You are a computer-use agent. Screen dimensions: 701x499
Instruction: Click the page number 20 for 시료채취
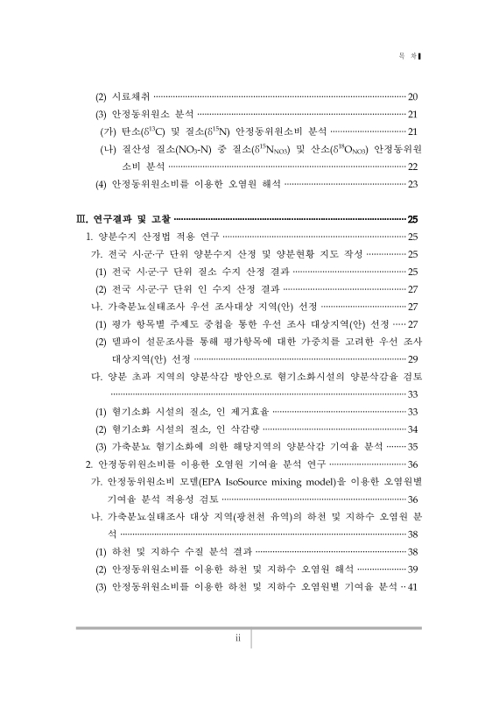[414, 96]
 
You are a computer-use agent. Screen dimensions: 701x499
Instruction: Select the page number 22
[414, 166]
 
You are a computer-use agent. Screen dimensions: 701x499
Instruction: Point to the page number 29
[414, 359]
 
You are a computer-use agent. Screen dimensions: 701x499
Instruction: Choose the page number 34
[414, 429]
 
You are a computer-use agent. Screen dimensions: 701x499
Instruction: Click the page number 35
[414, 447]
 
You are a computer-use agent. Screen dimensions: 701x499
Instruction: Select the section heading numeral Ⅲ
[83, 219]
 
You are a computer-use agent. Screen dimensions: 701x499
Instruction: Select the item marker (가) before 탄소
[109, 131]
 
